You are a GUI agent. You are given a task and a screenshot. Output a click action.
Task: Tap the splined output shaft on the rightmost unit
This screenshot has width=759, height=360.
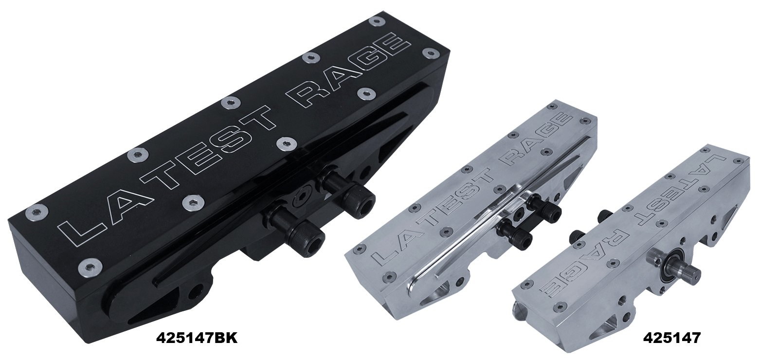point(688,271)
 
